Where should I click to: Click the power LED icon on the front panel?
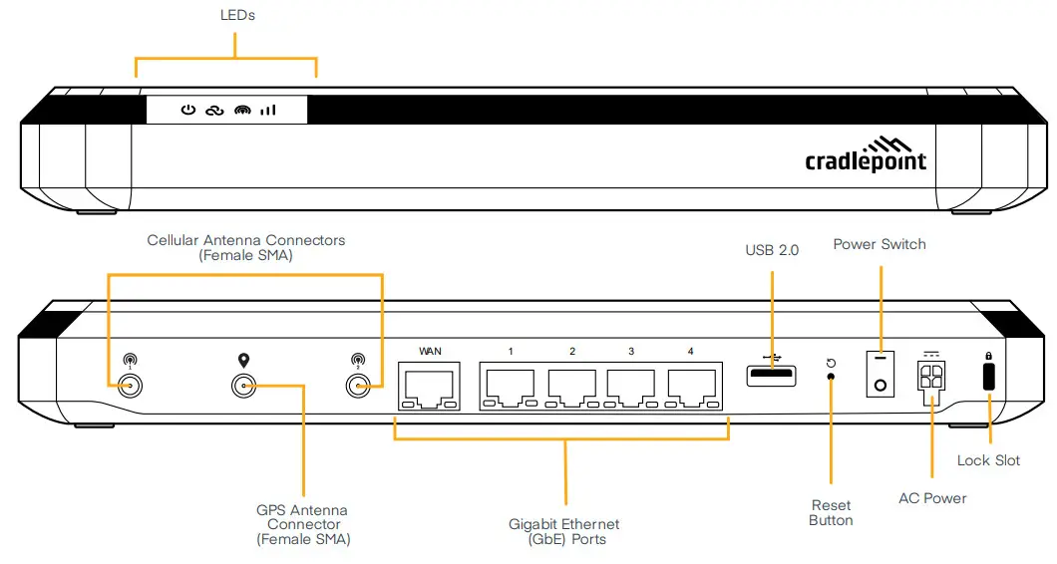(x=187, y=111)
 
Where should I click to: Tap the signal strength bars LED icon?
(x=268, y=111)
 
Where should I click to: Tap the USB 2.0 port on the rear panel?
(x=771, y=376)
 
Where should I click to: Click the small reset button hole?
(x=832, y=378)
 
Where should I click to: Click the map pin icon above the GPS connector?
(x=241, y=361)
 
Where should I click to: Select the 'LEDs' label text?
(x=236, y=16)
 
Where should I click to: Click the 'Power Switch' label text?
(x=880, y=244)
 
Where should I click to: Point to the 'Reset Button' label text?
(x=831, y=512)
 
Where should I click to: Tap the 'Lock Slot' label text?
(x=988, y=460)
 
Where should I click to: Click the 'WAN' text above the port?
(x=430, y=351)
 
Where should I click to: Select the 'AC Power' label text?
(x=932, y=498)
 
